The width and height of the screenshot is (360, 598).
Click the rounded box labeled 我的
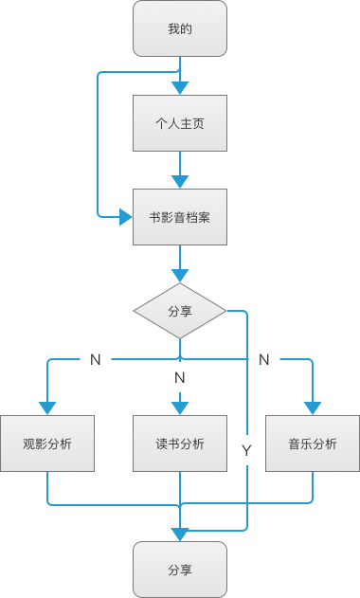[180, 28]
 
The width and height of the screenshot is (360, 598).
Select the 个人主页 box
[180, 122]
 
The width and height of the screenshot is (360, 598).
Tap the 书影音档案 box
[180, 217]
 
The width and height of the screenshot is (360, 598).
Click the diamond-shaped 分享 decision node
[180, 311]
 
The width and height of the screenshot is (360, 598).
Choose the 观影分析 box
[47, 444]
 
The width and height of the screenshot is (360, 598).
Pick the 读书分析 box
[180, 444]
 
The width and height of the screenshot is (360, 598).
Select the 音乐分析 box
[313, 444]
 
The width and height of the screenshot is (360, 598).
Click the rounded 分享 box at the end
[180, 570]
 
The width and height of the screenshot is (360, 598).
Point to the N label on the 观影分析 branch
[95, 360]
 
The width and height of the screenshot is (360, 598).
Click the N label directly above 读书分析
[180, 378]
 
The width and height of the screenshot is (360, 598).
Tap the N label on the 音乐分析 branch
[264, 360]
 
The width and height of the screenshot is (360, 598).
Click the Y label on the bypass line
[246, 451]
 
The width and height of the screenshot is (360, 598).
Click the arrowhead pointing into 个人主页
[180, 87]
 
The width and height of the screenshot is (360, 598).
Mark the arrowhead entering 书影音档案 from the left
[125, 217]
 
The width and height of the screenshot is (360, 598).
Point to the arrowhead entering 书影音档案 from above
[180, 181]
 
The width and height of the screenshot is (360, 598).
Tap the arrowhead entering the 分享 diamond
[180, 276]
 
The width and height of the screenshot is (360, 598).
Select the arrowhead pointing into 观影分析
[47, 408]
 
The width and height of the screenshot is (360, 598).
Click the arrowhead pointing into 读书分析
[180, 408]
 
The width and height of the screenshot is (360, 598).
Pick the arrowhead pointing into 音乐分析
[313, 408]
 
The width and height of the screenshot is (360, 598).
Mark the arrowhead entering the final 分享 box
[180, 534]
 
